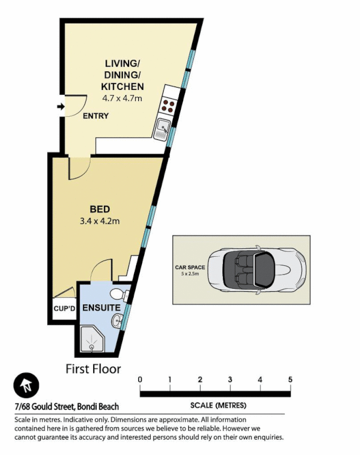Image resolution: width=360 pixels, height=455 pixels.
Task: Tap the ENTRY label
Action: coord(96,116)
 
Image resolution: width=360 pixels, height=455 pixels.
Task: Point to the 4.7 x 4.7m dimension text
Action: coord(122,98)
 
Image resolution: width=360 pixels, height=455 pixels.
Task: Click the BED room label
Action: coord(100,208)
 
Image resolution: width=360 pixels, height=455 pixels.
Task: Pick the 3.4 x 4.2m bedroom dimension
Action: coord(100,221)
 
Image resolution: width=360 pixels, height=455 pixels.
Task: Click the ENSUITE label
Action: coord(101,308)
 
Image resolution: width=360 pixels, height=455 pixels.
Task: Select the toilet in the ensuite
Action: coord(118,294)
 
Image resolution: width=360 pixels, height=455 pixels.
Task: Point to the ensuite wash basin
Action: coord(117,321)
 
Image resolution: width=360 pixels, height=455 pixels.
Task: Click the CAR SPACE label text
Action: coord(190,266)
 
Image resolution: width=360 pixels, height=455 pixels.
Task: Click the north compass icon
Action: coord(26,387)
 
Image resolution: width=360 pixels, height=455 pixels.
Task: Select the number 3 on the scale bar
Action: coord(230,380)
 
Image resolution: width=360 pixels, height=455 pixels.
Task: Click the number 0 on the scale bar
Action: coord(140,380)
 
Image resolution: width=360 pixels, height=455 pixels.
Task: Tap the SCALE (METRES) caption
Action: coord(218,406)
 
